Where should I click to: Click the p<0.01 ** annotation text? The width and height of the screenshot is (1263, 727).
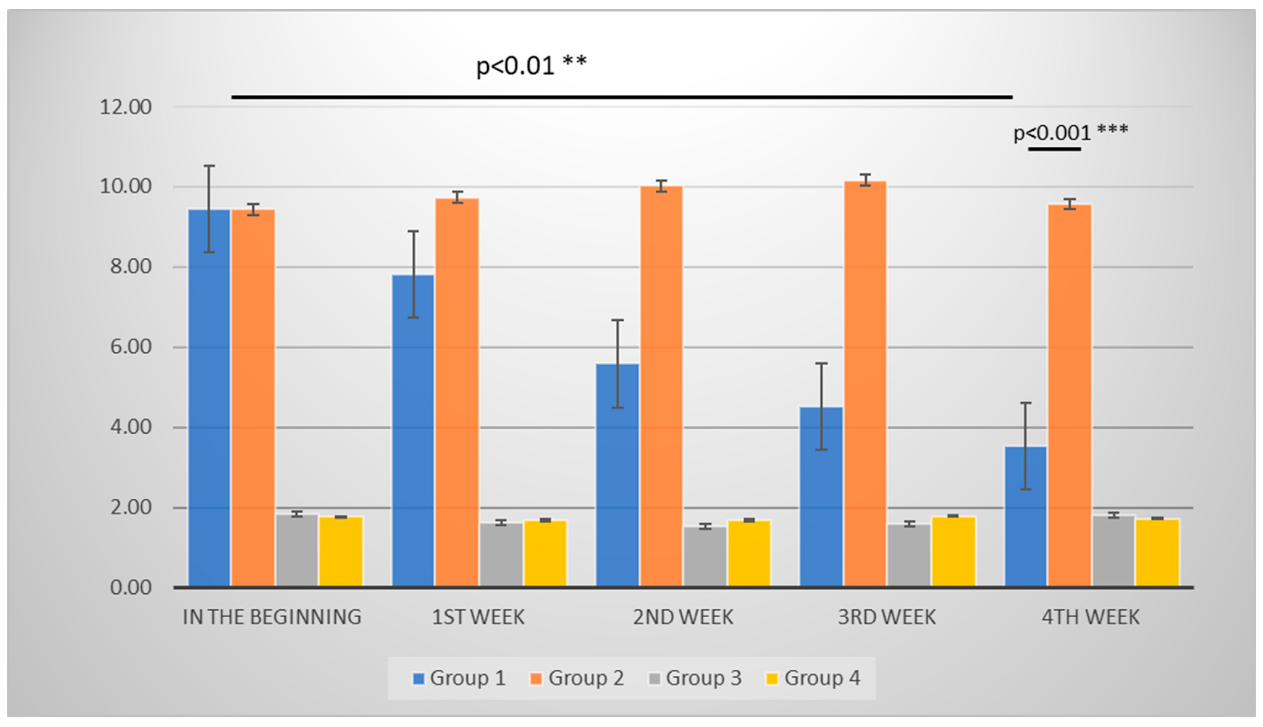531,65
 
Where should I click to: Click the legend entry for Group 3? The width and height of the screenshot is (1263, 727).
695,678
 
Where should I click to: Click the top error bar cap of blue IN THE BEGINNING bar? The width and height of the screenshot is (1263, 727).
209,166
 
